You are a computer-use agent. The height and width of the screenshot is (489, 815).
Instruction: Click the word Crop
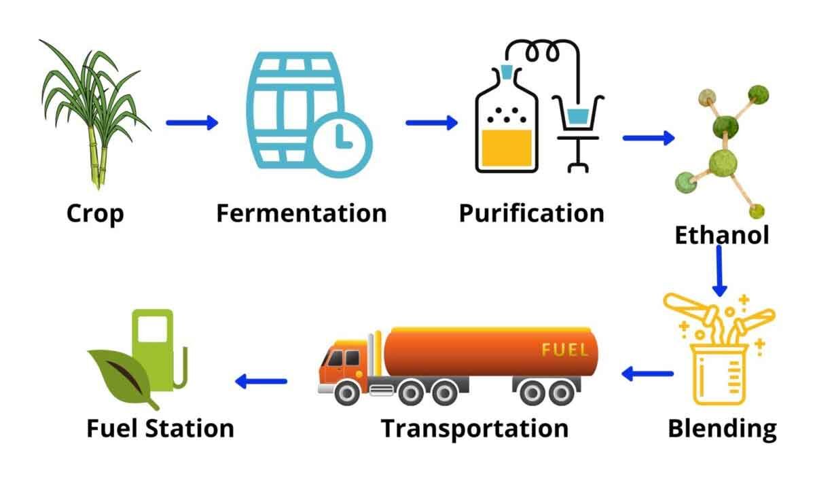pos(95,213)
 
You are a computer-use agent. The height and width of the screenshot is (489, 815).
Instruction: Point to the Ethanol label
pos(721,235)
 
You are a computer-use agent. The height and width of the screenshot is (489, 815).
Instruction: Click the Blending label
pos(722,429)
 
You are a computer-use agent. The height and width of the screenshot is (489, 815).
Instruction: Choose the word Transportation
pos(474,429)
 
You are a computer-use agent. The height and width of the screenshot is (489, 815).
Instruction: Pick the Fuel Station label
pos(160,429)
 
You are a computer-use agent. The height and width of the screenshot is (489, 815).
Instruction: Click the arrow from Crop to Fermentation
pos(192,122)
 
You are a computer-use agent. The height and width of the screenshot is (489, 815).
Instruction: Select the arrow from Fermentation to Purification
pos(431,122)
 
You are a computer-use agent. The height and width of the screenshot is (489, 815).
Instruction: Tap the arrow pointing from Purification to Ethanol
pos(648,138)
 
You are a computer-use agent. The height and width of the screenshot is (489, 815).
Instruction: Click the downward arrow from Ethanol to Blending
pos(721,270)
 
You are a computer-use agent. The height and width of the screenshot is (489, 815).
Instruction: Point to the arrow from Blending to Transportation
pos(647,373)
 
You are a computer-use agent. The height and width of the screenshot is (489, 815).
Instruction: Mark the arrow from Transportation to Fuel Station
pos(261,381)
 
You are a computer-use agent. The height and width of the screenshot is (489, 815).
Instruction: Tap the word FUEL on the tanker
pos(564,350)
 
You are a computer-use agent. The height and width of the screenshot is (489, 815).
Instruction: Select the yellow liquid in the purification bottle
pos(506,147)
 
